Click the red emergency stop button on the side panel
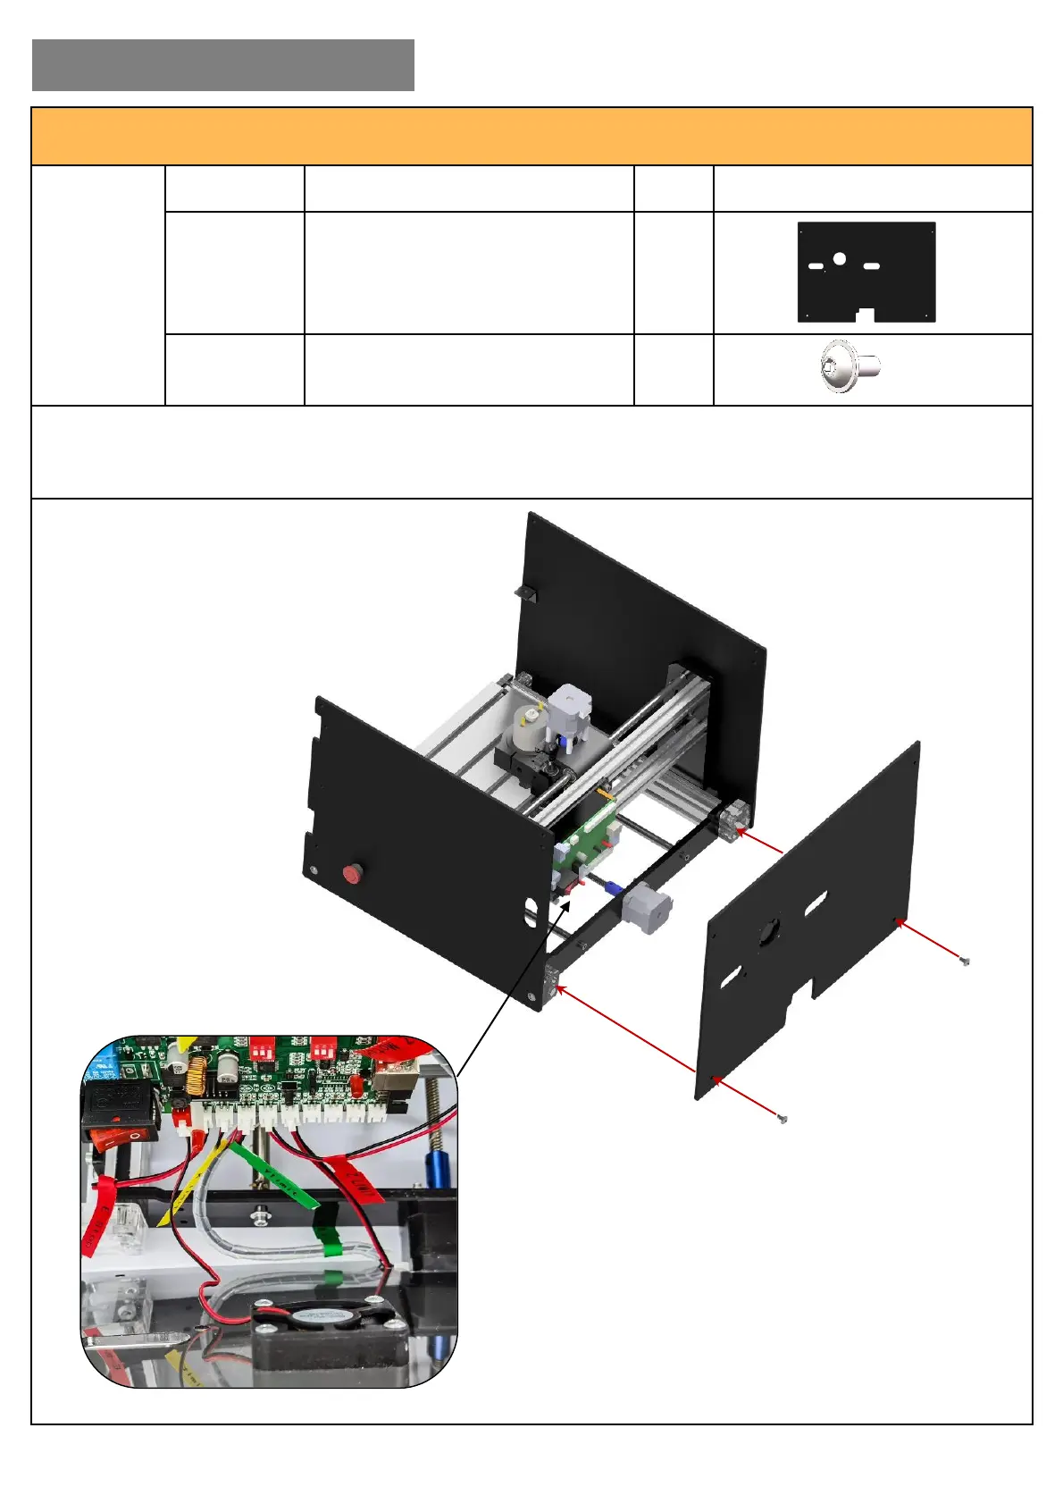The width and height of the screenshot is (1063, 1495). (x=353, y=873)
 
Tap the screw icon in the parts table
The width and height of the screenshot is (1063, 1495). (x=850, y=366)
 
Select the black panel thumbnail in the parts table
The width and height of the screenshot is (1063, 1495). (x=866, y=272)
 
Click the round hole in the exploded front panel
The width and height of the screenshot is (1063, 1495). (x=770, y=933)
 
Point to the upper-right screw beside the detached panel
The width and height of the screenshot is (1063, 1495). (x=963, y=962)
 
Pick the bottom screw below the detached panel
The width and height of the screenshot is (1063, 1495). (x=783, y=1119)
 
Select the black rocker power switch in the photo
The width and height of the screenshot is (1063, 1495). (x=119, y=1111)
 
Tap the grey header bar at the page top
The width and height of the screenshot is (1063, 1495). (x=222, y=65)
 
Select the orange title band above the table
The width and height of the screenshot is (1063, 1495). (x=531, y=137)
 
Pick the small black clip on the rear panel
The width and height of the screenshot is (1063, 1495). (x=524, y=592)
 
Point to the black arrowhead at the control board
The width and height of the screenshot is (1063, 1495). (x=565, y=909)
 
